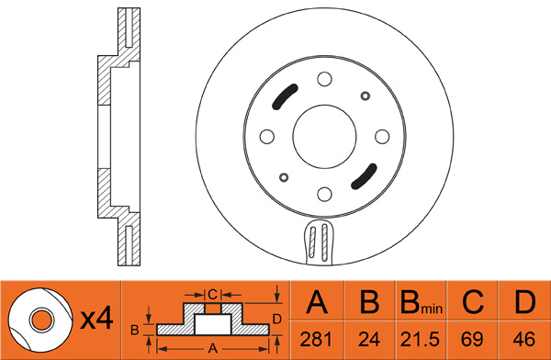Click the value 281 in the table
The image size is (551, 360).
click(316, 339)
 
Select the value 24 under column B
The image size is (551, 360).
click(369, 339)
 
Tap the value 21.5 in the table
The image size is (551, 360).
click(420, 339)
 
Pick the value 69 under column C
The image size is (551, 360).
click(472, 339)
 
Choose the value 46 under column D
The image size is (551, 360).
click(524, 339)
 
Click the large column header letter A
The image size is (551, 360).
click(317, 302)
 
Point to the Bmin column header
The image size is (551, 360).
click(422, 303)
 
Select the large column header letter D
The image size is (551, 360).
click(525, 302)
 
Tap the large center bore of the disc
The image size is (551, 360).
click(324, 137)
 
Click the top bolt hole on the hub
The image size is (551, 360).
click(324, 79)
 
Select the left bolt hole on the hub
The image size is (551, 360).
click(266, 137)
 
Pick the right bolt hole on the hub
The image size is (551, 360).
click(382, 137)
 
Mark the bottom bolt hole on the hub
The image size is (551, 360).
click(324, 194)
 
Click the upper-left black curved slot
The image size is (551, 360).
click(283, 96)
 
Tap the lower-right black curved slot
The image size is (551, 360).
click(365, 177)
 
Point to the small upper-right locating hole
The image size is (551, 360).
click(365, 96)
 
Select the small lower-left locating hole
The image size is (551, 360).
click(284, 177)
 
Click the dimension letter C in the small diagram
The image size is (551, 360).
click(213, 294)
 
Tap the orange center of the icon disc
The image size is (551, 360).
click(41, 321)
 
